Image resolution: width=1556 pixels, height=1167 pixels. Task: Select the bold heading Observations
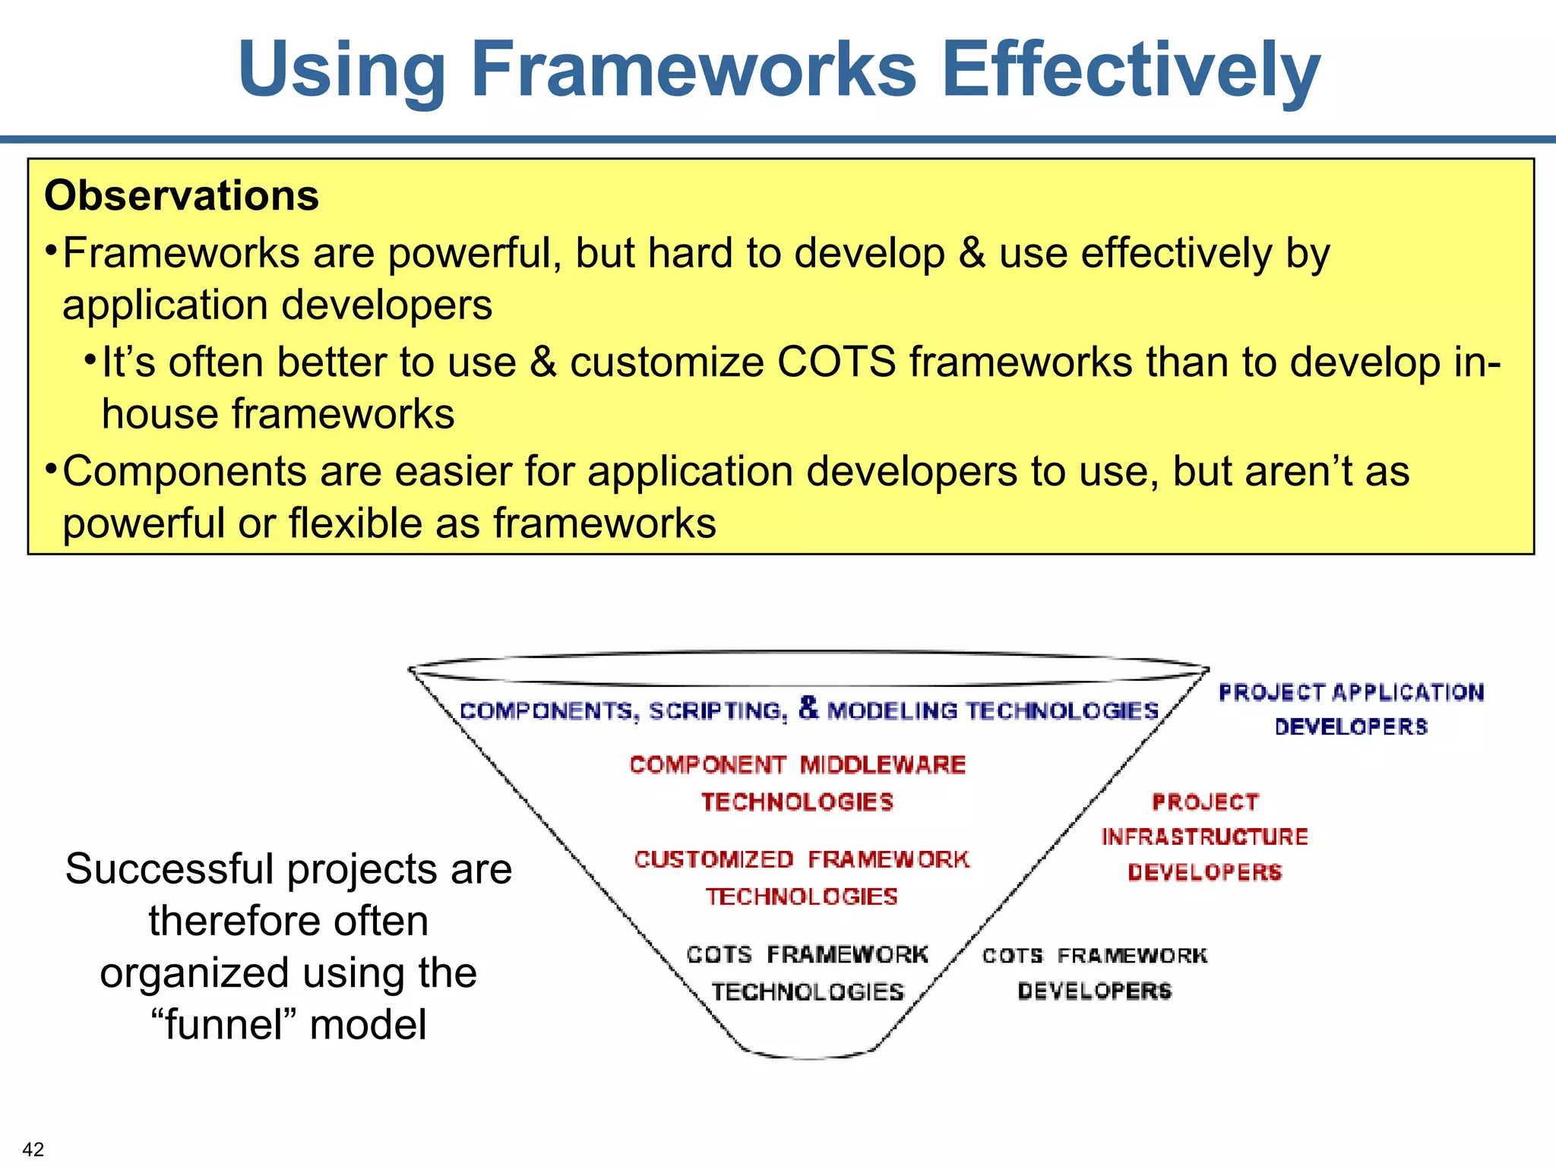pyautogui.click(x=182, y=196)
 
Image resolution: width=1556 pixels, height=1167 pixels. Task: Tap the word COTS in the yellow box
pyautogui.click(x=837, y=362)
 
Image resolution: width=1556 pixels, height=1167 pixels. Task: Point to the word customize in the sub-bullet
pyautogui.click(x=666, y=362)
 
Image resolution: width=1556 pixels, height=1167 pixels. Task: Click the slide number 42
pyautogui.click(x=33, y=1149)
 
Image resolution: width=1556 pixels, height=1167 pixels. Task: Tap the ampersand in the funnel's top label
pyautogui.click(x=808, y=707)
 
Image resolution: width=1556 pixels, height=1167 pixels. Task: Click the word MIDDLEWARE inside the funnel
pyautogui.click(x=882, y=764)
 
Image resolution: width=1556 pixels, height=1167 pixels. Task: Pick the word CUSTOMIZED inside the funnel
pyautogui.click(x=713, y=859)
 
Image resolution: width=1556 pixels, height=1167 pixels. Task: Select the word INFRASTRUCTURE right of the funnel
pyautogui.click(x=1204, y=837)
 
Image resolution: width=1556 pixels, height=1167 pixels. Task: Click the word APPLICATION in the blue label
pyautogui.click(x=1407, y=692)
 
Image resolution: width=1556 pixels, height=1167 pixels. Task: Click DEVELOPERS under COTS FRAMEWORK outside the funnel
pyautogui.click(x=1094, y=991)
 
